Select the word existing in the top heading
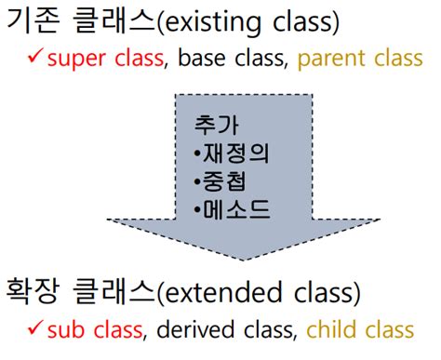coord(214,23)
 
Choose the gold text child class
coord(359,329)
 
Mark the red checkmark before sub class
coord(34,328)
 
